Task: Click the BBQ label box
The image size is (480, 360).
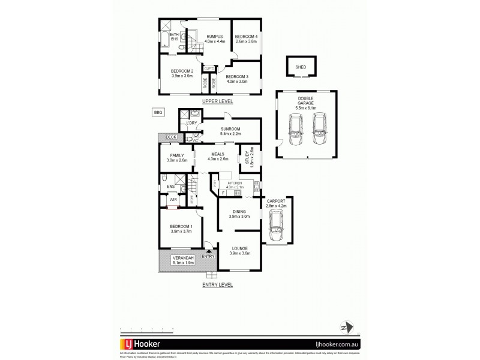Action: [x=158, y=112]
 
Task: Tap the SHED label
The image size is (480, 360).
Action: [x=301, y=68]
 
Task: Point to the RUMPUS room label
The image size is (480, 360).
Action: [x=214, y=37]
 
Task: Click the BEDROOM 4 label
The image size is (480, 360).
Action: [x=246, y=37]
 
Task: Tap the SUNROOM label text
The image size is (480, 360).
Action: [x=230, y=128]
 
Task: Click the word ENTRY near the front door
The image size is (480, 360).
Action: [x=208, y=257]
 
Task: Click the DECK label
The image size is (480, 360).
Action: [x=172, y=137]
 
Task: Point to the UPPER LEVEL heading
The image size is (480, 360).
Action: [x=217, y=101]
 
